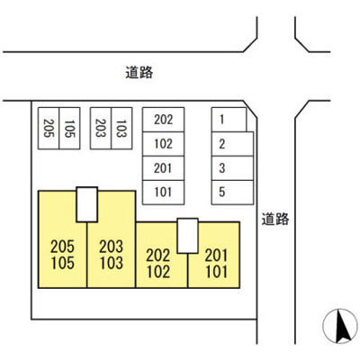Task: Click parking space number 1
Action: click(229, 120)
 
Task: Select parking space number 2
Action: click(232, 144)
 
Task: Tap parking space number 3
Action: click(232, 168)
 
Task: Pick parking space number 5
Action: click(232, 193)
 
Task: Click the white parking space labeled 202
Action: click(164, 120)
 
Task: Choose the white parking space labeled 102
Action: click(164, 144)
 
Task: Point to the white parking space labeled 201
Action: click(164, 168)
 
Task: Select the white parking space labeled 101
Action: click(164, 193)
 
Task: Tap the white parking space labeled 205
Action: click(49, 128)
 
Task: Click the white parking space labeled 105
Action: click(69, 128)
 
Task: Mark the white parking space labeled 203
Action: click(101, 128)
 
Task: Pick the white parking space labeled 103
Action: click(121, 128)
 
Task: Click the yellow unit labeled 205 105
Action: click(62, 255)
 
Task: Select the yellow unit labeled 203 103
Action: click(112, 255)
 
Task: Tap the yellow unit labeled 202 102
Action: click(159, 264)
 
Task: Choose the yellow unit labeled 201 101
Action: click(216, 264)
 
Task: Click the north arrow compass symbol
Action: click(340, 326)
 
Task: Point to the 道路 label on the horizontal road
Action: click(139, 73)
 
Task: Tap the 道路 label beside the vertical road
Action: click(275, 219)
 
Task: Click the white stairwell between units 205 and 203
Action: click(87, 204)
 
